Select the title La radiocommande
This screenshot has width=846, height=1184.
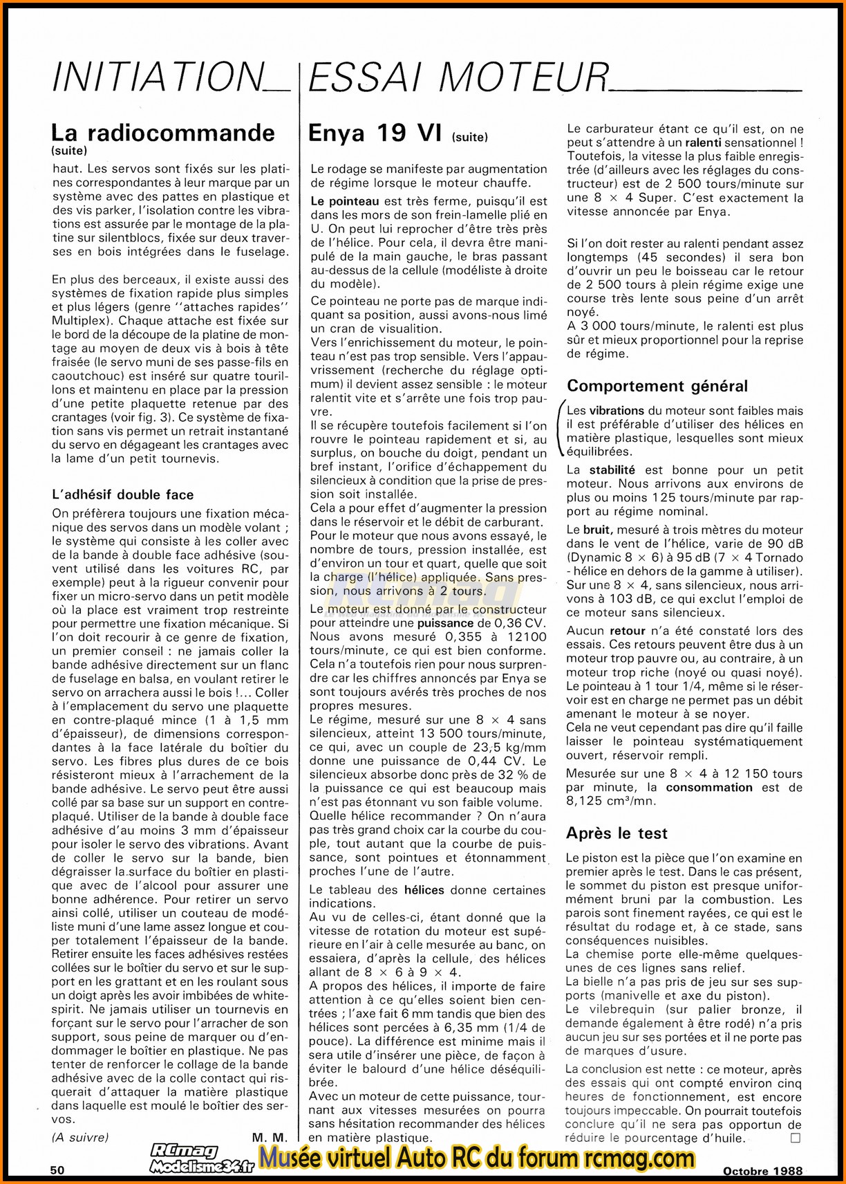[163, 132]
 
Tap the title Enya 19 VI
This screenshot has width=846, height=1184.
[375, 132]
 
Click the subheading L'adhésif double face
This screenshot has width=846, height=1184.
[122, 494]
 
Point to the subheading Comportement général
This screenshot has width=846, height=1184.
[657, 386]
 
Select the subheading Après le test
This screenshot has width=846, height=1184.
[617, 833]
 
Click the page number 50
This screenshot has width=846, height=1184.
[57, 1170]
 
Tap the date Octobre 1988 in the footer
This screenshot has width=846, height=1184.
[763, 1171]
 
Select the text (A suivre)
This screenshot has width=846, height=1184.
[80, 1137]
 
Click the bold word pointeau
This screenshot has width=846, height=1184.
[345, 201]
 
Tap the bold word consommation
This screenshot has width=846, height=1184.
[708, 787]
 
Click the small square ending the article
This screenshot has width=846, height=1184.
[796, 1138]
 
